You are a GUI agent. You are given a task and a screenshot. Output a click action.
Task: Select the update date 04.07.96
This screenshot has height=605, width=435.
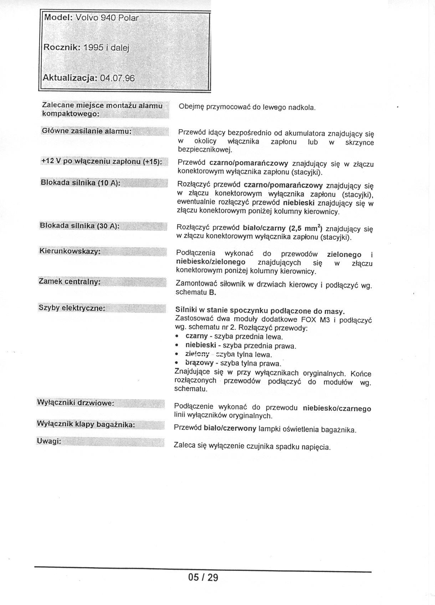pos(118,78)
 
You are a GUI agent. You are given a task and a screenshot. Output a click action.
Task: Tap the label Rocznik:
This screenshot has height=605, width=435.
pos(61,47)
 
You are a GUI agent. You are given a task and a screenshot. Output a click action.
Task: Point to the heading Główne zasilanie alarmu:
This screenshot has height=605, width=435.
pos(87,131)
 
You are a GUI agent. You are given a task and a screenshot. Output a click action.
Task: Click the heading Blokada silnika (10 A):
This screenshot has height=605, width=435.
pos(81,183)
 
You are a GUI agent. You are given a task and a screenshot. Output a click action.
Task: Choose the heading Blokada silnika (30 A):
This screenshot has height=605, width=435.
pos(80,226)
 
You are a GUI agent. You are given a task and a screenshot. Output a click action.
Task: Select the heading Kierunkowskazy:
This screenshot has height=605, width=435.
pos(70,251)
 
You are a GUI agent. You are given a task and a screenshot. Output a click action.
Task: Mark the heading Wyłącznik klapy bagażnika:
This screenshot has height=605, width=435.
pos(86,424)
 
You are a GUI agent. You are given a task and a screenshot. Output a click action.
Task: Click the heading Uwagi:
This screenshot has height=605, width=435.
pos(49,442)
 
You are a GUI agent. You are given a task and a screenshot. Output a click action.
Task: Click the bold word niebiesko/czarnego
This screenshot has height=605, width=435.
pos(337,408)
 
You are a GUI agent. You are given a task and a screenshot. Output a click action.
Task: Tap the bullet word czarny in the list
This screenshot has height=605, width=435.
pos(196,336)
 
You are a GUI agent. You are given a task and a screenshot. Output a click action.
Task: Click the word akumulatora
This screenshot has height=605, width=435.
pos(304,134)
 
